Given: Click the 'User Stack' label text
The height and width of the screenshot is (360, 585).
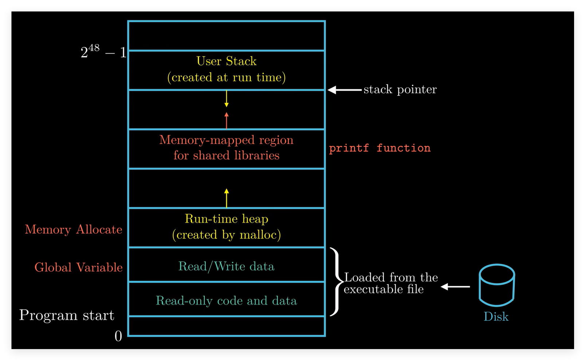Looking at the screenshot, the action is pos(227,61).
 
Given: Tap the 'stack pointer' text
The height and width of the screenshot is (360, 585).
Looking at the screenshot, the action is pos(400,89).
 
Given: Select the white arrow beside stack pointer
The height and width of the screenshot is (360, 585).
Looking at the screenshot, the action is pos(345,90).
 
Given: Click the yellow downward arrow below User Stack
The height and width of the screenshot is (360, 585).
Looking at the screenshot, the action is pos(227,98).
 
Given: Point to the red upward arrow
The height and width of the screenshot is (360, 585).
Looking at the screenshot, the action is pos(227,121).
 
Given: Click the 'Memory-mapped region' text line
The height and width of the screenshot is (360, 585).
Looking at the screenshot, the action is pos(227,140).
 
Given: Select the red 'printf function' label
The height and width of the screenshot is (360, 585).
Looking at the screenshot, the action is pos(380,148).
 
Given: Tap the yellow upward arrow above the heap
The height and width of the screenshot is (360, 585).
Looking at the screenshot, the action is pos(227,198).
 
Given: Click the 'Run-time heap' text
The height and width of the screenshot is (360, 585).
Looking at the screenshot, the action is pos(227,219).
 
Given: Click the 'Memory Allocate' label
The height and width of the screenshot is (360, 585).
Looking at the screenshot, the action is pos(74,230).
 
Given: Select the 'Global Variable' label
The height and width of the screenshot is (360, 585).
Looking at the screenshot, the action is pos(79,267).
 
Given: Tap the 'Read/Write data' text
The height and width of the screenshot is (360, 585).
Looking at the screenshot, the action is pos(227,266).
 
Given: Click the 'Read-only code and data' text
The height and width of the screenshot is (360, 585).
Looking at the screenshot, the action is pos(227,301).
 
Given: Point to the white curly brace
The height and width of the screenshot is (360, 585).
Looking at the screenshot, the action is pos(337,282).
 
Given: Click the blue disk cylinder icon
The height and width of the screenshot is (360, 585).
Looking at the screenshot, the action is pos(497,285).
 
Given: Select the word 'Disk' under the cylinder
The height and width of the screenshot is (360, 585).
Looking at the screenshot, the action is pos(496,317).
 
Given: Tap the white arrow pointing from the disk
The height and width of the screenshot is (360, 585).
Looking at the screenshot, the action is pos(455,287).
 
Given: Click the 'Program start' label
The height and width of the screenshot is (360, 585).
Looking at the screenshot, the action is pos(67,315).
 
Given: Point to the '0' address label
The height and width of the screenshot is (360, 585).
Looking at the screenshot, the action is pos(118,336).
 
